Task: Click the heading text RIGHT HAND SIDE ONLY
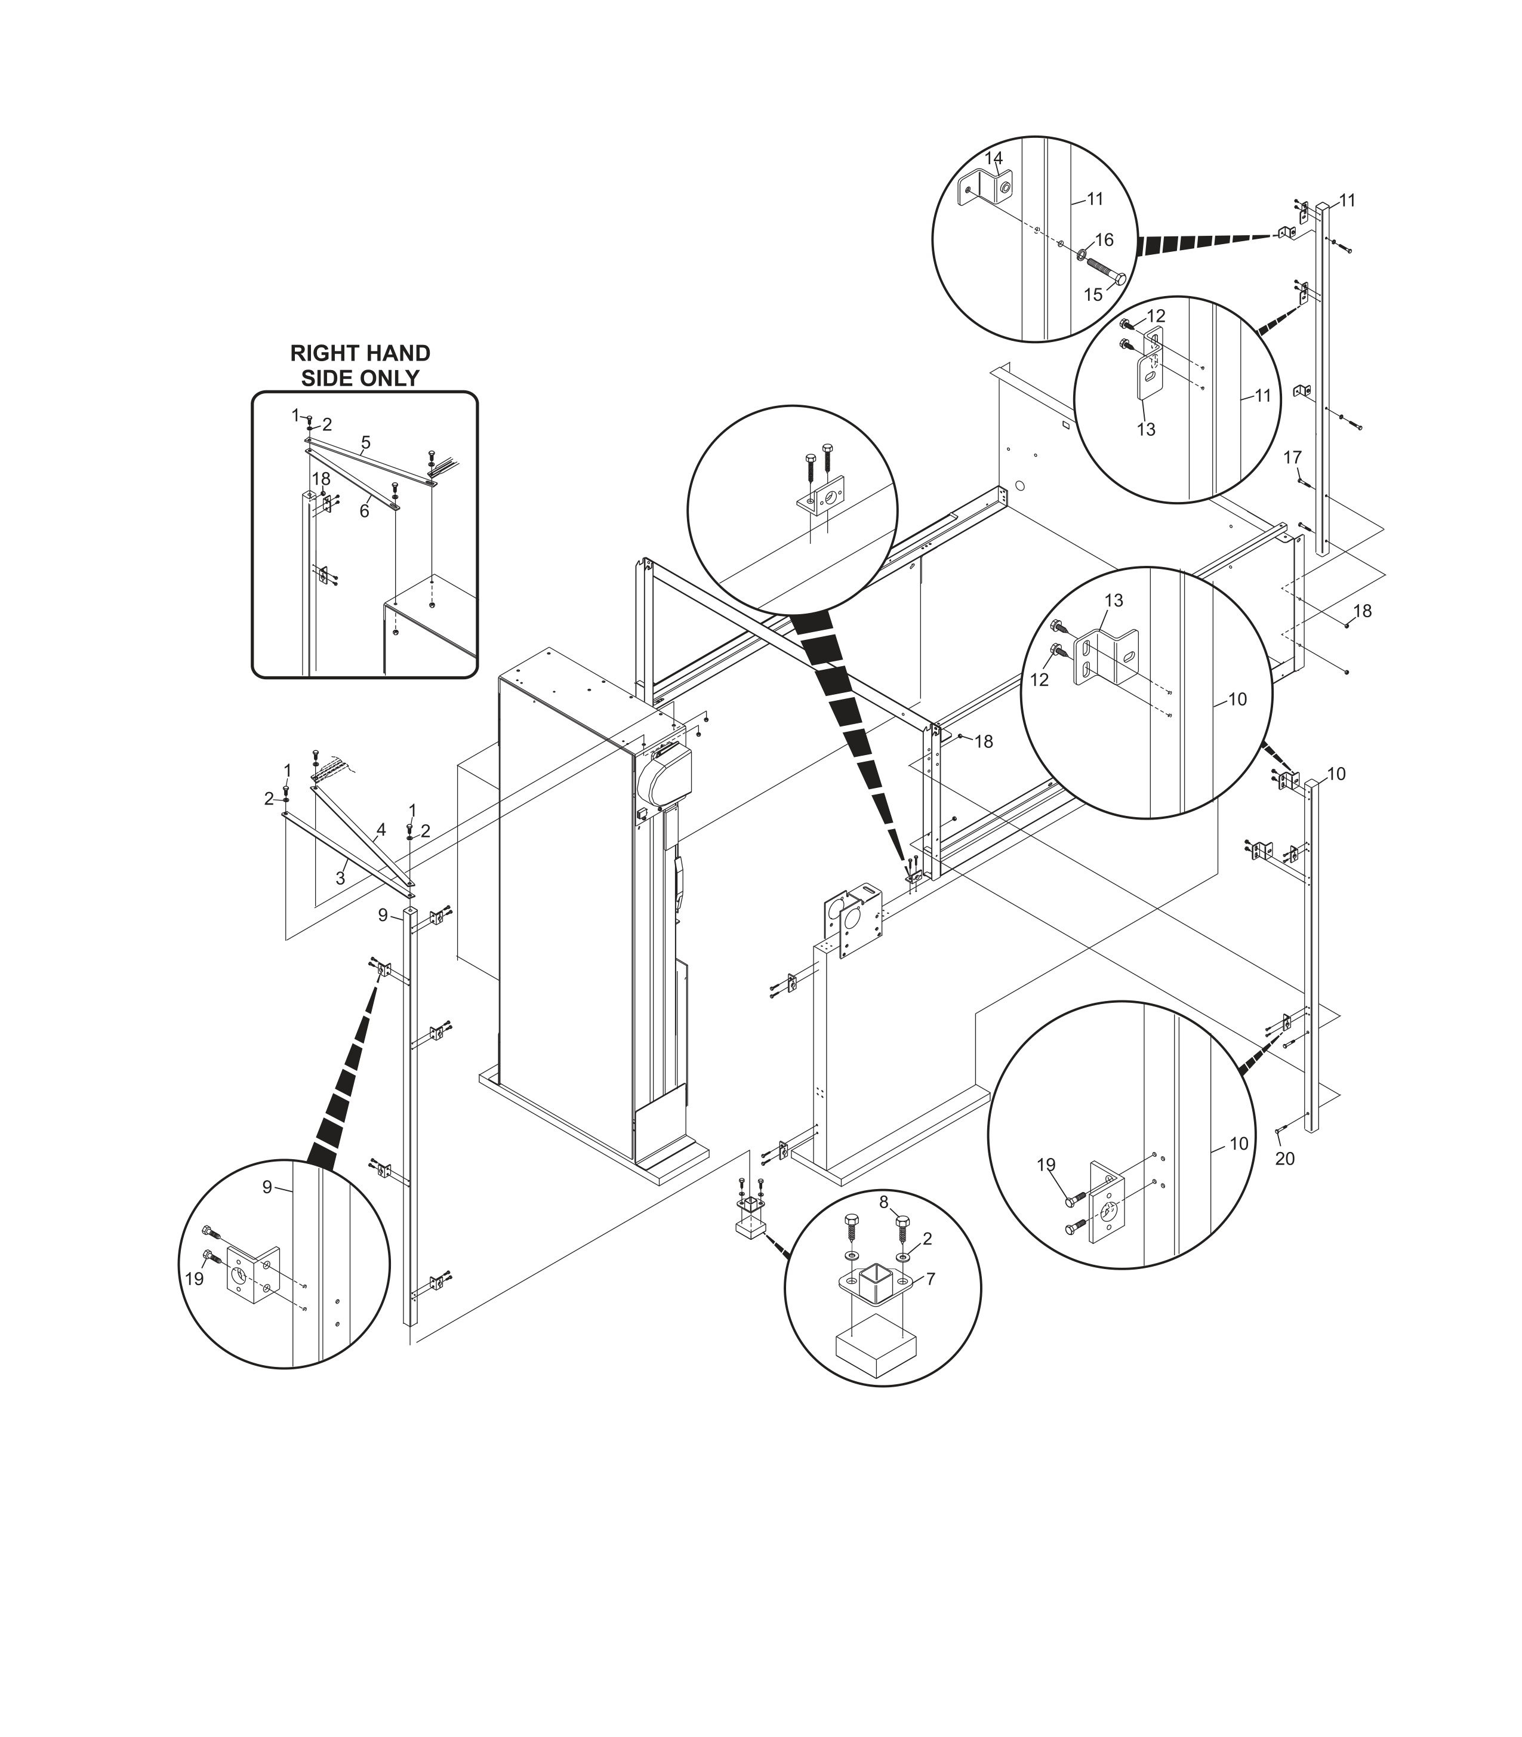click(x=360, y=365)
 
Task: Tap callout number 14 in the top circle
click(x=993, y=158)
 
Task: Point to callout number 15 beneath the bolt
click(x=1093, y=295)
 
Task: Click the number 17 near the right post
click(x=1291, y=458)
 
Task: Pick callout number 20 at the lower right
click(x=1284, y=1159)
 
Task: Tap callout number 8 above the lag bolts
click(x=883, y=1202)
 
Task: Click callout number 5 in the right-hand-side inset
click(x=365, y=442)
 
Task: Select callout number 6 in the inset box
click(x=363, y=512)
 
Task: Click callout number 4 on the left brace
click(x=381, y=830)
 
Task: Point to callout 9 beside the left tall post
click(x=383, y=915)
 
